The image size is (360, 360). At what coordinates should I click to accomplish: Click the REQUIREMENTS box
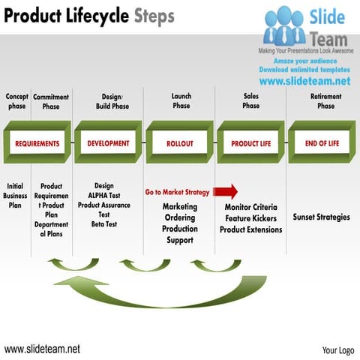pyautogui.click(x=37, y=143)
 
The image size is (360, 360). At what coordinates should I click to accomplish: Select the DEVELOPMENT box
pyautogui.click(x=108, y=143)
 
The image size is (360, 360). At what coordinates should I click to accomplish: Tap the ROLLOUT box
pyautogui.click(x=180, y=143)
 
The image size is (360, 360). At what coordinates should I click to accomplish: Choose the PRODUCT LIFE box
pyautogui.click(x=250, y=143)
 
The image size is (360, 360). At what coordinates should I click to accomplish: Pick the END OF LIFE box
pyautogui.click(x=322, y=143)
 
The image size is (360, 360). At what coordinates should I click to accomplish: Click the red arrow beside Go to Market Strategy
pyautogui.click(x=226, y=191)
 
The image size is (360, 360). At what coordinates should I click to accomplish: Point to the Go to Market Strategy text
pyautogui.click(x=177, y=193)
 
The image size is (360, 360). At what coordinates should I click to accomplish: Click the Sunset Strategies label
pyautogui.click(x=321, y=217)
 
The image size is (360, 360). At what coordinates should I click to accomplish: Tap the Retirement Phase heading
pyautogui.click(x=325, y=101)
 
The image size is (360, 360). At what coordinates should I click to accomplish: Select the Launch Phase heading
pyautogui.click(x=181, y=101)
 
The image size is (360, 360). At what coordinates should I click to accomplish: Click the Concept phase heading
pyautogui.click(x=16, y=101)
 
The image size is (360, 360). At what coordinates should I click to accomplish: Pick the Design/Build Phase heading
pyautogui.click(x=112, y=101)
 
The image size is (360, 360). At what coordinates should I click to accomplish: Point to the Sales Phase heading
pyautogui.click(x=251, y=101)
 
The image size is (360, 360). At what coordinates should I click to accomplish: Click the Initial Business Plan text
pyautogui.click(x=16, y=195)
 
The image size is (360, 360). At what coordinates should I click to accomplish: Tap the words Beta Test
pyautogui.click(x=104, y=223)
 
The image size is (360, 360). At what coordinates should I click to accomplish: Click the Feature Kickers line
pyautogui.click(x=251, y=218)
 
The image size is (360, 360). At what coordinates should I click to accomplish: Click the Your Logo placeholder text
pyautogui.click(x=337, y=349)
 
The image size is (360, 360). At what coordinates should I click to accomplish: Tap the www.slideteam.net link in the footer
pyautogui.click(x=42, y=349)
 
